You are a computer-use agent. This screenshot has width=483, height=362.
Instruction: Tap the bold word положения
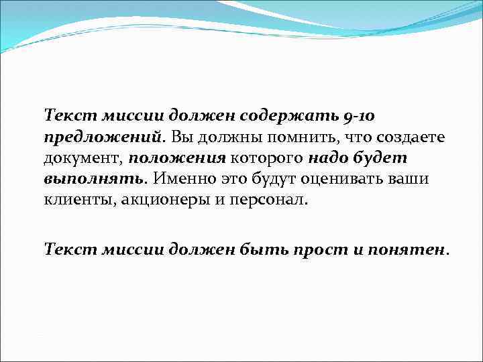(x=177, y=159)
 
